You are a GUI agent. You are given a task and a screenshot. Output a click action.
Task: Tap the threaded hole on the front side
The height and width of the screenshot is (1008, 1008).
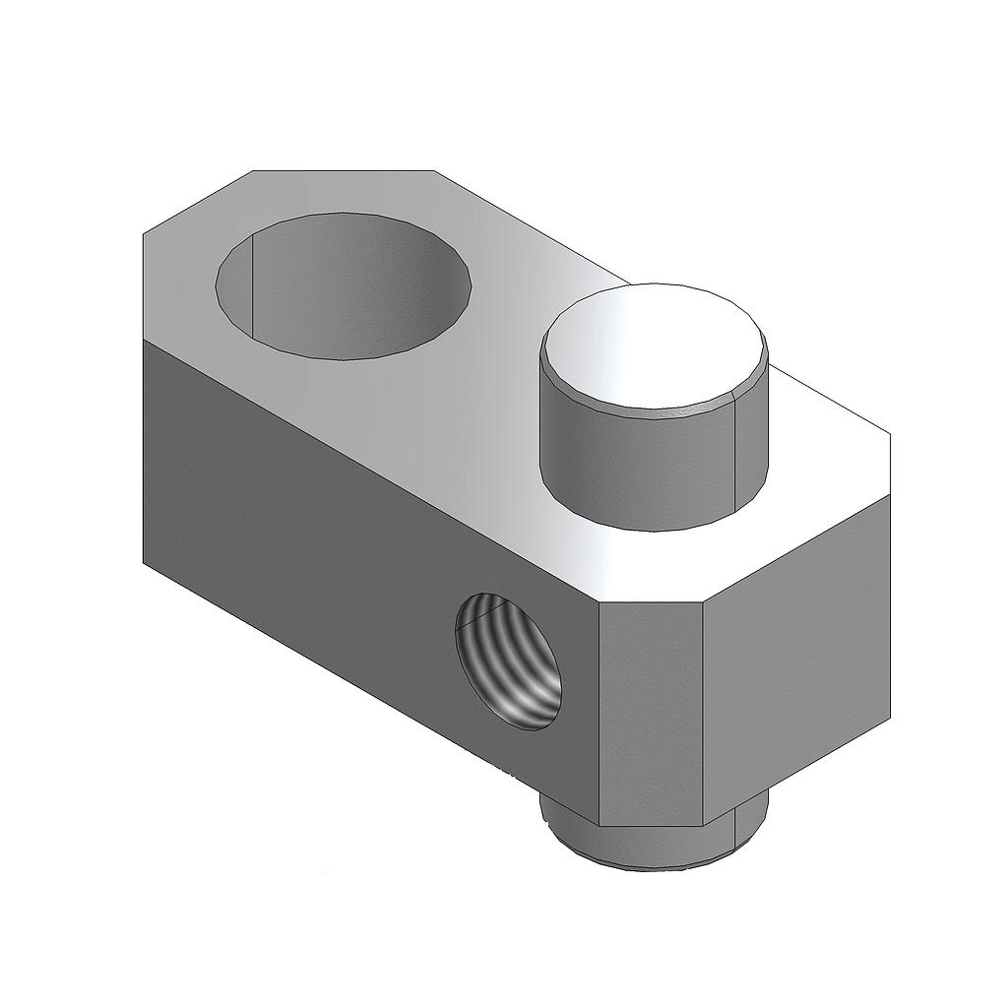(x=509, y=661)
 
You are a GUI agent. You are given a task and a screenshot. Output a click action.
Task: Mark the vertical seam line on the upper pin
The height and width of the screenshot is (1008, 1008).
(x=737, y=453)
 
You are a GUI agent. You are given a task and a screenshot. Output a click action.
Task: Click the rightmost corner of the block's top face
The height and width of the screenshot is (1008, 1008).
(x=890, y=433)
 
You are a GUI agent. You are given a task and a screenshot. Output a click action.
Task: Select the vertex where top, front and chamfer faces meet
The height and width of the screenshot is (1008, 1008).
(x=598, y=602)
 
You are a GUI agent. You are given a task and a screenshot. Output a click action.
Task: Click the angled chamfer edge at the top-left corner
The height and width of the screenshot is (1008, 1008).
(x=197, y=202)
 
